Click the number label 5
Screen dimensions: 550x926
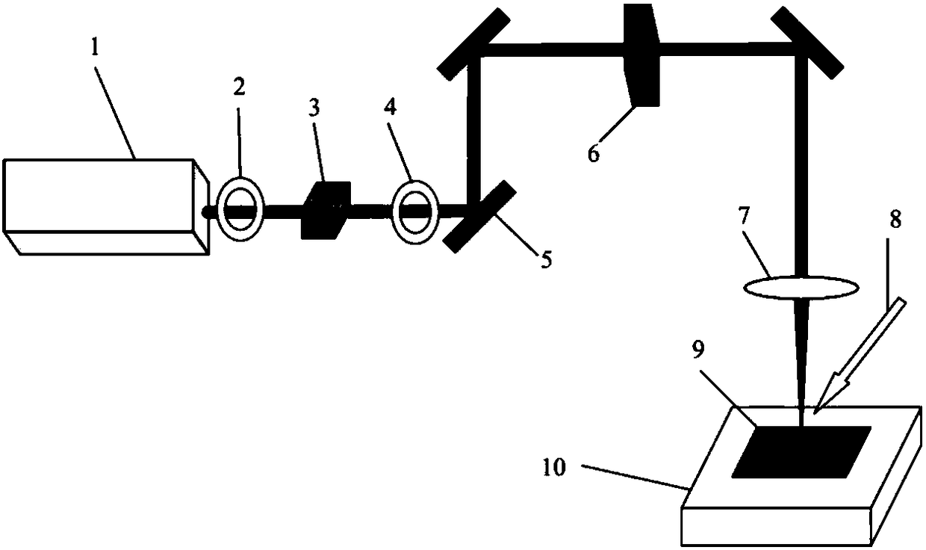pos(546,260)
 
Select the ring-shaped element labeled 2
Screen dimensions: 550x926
pos(239,208)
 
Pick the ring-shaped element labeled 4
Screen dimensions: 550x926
pos(414,210)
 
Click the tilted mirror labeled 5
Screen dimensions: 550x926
pos(479,216)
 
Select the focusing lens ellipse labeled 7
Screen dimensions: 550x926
pos(801,288)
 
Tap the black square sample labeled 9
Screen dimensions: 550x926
pos(801,452)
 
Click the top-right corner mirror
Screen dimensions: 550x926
pos(809,43)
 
